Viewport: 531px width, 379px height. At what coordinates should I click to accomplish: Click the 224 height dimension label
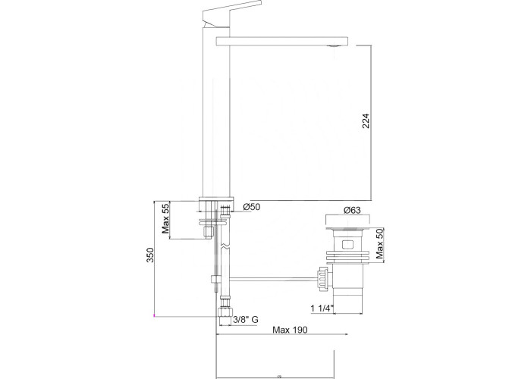pos(366,121)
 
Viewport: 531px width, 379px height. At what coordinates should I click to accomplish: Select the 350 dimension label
pos(150,255)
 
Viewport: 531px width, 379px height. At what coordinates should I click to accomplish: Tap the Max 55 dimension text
pos(165,220)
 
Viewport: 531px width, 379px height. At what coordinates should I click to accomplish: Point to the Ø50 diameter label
pos(252,206)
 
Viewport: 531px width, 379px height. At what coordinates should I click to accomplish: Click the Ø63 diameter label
pos(352,210)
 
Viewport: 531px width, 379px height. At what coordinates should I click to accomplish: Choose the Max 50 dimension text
pos(380,243)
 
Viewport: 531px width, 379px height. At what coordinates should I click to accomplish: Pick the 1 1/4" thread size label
pos(322,309)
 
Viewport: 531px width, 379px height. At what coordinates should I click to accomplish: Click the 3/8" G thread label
pos(247,319)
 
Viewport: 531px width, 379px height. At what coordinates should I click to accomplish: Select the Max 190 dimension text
pos(291,330)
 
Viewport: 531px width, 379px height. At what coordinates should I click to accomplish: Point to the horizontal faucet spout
pos(281,41)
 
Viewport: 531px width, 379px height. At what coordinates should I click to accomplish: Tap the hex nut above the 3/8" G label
pos(225,312)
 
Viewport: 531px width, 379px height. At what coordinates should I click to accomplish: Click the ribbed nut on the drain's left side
pos(322,278)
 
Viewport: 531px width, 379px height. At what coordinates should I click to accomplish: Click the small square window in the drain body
pos(347,244)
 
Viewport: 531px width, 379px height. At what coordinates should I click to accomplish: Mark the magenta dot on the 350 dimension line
pos(154,316)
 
